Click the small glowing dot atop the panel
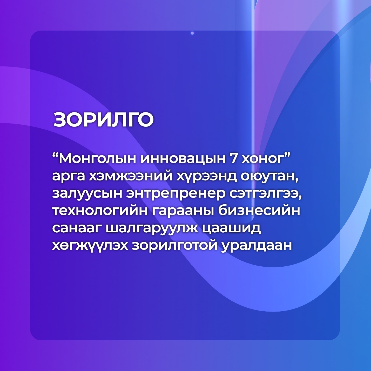pos(192,33)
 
